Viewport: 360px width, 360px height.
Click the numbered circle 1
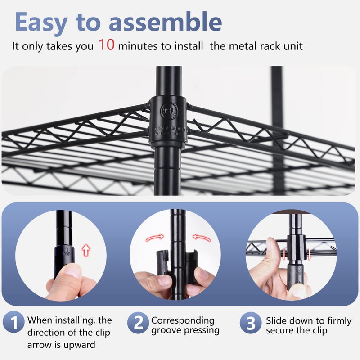coord(14,323)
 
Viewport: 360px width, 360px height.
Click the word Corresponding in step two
coord(183,320)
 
